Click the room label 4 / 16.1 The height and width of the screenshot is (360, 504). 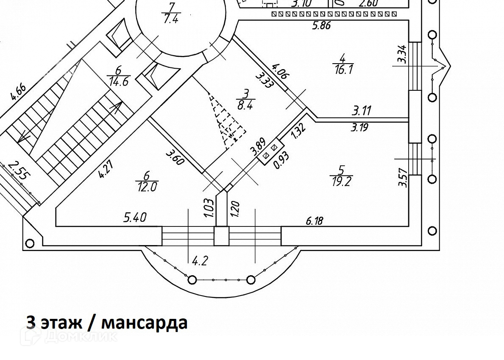point(343,63)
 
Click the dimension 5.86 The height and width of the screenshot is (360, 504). point(321,25)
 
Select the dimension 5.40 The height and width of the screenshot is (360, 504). point(135,218)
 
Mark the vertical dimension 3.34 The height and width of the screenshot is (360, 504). point(402,55)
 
